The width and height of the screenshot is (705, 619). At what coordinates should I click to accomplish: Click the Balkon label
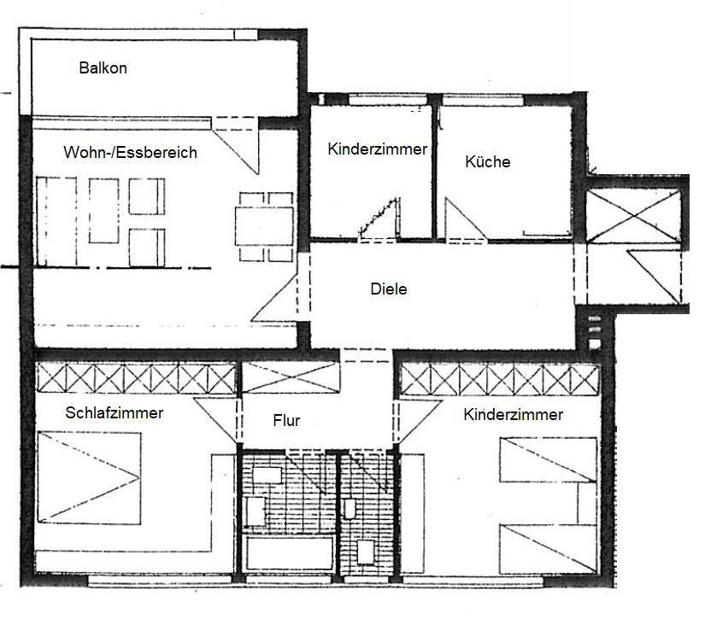pos(103,68)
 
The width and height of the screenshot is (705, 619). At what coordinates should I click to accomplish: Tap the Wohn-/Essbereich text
pos(130,153)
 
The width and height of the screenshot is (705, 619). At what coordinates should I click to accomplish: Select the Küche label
pos(487,161)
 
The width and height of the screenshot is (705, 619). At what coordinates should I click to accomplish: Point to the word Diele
pos(389,289)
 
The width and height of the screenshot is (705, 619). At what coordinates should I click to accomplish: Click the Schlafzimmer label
pos(114,413)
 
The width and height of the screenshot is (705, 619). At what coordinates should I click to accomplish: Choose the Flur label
pos(286,421)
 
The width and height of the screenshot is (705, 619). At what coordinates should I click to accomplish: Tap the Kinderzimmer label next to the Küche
pos(377,149)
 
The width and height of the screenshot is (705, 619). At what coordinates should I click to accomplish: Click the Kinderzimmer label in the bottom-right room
pos(513,416)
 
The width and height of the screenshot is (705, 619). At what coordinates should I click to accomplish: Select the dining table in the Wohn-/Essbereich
pos(264,225)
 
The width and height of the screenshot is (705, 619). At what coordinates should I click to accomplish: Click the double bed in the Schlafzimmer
pos(88,476)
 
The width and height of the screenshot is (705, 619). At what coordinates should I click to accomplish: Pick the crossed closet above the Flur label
pos(291,377)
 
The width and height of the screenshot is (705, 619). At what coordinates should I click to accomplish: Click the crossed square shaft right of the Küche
pos(633,217)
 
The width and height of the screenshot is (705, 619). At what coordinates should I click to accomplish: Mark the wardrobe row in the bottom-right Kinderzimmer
pos(498,378)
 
